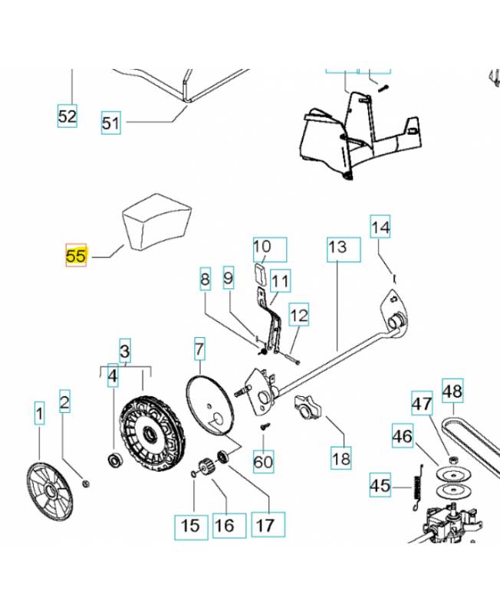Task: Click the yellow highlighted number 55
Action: pyautogui.click(x=76, y=256)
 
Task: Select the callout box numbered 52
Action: pyautogui.click(x=67, y=116)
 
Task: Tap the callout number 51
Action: pyautogui.click(x=111, y=123)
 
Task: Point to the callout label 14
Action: pyautogui.click(x=381, y=228)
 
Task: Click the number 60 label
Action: pyautogui.click(x=263, y=462)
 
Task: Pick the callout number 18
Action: pyautogui.click(x=340, y=458)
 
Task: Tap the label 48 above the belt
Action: pyautogui.click(x=452, y=392)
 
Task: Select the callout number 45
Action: pyautogui.click(x=380, y=486)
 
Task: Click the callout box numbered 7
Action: pyautogui.click(x=199, y=351)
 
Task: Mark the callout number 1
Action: pyautogui.click(x=38, y=415)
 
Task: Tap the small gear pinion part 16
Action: pyautogui.click(x=205, y=465)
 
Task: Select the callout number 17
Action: pyautogui.click(x=265, y=526)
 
